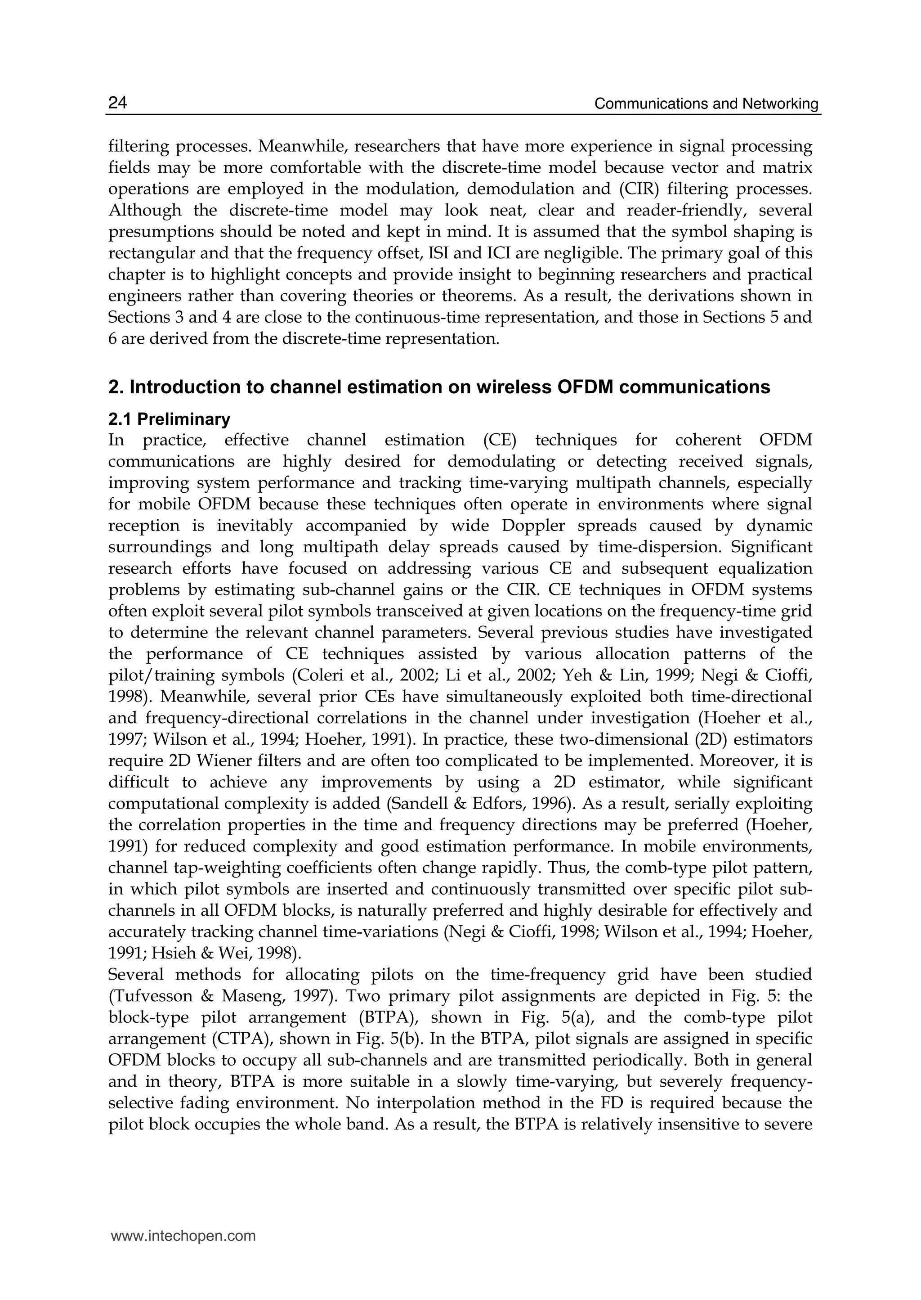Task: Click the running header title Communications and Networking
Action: [706, 104]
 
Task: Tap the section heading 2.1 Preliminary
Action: [169, 419]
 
